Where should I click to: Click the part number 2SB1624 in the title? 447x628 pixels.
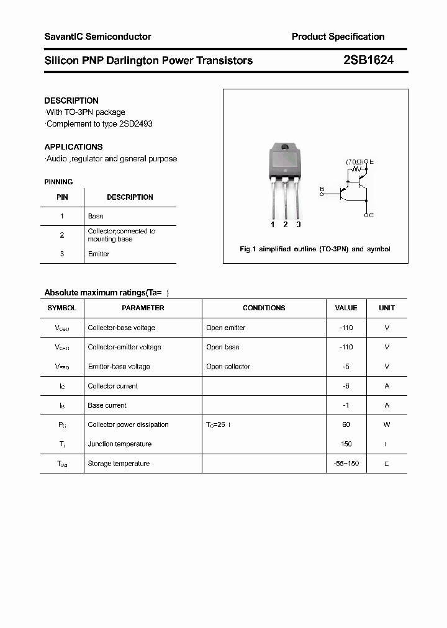tap(368, 60)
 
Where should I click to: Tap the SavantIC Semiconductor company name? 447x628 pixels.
tap(97, 37)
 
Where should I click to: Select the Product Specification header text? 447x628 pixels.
tap(338, 37)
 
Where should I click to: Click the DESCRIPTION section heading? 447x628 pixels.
tap(71, 101)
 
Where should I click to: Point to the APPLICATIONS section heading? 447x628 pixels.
tap(73, 147)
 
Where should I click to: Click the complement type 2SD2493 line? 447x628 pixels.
tap(99, 123)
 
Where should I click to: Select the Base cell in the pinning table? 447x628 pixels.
tap(96, 216)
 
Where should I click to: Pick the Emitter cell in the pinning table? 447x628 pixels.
tap(99, 254)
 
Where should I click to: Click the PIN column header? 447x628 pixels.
tap(62, 197)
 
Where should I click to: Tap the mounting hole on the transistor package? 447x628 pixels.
tap(285, 148)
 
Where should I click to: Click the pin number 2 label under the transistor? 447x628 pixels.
tap(285, 225)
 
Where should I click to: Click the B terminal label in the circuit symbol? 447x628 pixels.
tap(322, 189)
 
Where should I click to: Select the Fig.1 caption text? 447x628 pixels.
tap(315, 249)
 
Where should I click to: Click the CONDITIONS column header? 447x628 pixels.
tap(264, 308)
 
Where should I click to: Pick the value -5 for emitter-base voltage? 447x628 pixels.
tap(346, 366)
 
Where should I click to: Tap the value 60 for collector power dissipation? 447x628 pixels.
tap(346, 424)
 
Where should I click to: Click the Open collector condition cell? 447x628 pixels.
tap(228, 366)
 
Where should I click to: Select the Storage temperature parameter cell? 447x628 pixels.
tap(119, 464)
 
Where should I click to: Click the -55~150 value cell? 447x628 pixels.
tap(346, 464)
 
